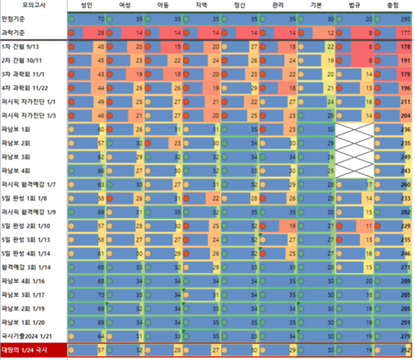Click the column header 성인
pos(87,5)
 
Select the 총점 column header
pos(393,5)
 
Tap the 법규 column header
pos(354,5)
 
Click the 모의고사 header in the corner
pos(34,5)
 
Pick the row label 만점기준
pos(13,19)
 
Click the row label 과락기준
pos(13,33)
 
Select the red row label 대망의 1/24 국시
pos(25,350)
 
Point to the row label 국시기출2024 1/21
pos(26,336)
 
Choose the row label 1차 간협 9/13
pos(20,46)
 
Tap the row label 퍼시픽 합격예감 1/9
pos(28,212)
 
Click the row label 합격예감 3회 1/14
pos(26,267)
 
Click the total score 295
pos(406,19)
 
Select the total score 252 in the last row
pos(406,350)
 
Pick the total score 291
pos(406,323)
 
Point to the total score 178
pos(406,46)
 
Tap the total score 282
pos(406,212)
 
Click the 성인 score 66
pos(101,171)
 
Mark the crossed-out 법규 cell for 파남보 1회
pos(354,129)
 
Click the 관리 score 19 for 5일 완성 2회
pos(292,226)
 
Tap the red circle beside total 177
pos(378,33)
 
